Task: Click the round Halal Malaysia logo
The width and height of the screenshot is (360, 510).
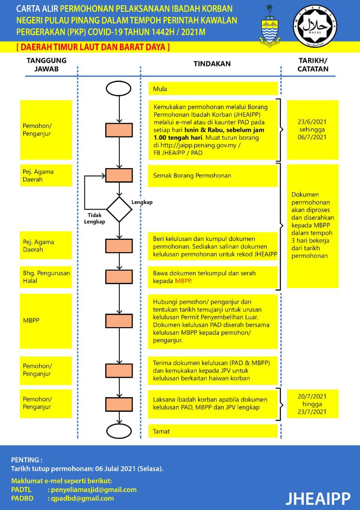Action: coord(315,26)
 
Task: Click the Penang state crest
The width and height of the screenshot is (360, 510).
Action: coord(270,25)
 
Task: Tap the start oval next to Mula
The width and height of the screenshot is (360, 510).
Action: coord(118,88)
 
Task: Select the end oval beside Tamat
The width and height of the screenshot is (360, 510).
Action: coord(119,431)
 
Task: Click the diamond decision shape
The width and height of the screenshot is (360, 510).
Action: coord(119,210)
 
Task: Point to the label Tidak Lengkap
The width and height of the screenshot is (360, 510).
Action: coord(94,218)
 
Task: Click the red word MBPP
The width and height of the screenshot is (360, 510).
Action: coord(183,281)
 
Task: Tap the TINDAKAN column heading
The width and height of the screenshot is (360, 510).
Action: coord(212,64)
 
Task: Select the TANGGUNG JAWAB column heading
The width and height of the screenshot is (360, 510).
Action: coord(46,64)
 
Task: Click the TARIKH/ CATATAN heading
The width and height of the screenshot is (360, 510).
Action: coord(313,64)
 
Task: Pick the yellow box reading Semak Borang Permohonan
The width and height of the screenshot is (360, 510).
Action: coord(213,176)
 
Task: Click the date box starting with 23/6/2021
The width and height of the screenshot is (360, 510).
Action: coord(312,130)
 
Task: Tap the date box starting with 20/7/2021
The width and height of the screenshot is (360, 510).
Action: coord(312,404)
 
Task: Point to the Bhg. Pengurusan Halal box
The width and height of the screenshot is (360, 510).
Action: coord(46,277)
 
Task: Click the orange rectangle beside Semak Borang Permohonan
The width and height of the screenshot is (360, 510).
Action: coord(119,175)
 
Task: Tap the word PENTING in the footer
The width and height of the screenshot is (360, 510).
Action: coord(25,460)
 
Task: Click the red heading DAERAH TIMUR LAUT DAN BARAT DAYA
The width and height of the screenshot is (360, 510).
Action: coord(93,47)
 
